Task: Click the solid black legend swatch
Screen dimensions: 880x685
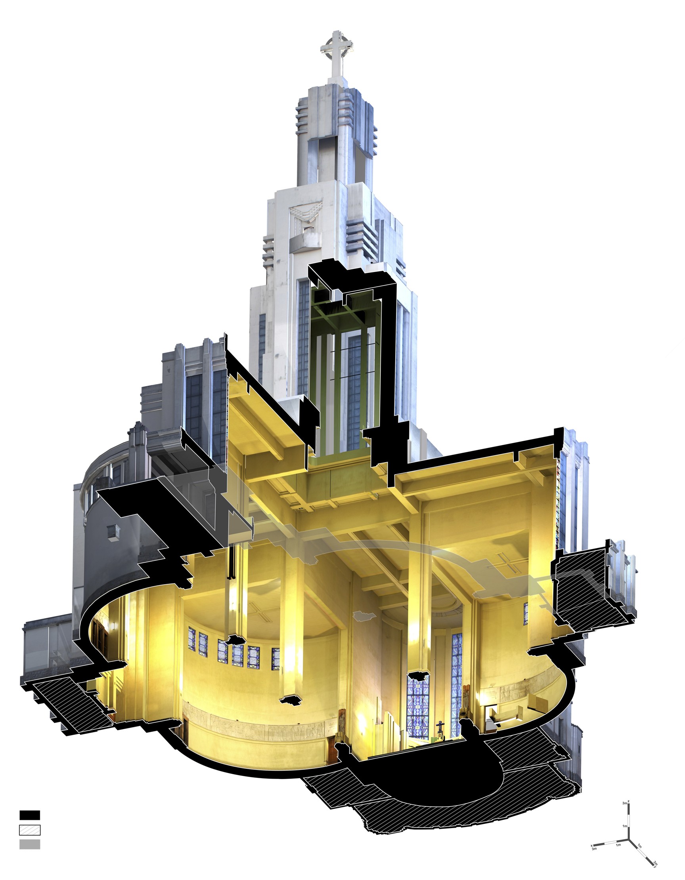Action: point(30,815)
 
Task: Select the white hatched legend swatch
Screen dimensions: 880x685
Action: point(30,830)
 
